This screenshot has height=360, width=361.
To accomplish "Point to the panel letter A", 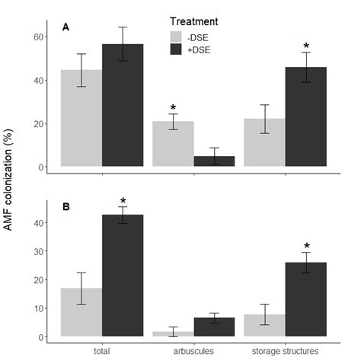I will [66, 28].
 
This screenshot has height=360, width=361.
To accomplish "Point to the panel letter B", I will [66, 206].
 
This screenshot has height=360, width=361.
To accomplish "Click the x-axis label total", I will [102, 351].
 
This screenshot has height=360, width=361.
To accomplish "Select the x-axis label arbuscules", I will [193, 351].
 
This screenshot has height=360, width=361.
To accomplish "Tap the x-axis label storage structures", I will [286, 351].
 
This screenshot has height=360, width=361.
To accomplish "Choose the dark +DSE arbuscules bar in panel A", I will [214, 161].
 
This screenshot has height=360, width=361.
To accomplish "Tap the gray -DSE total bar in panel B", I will [81, 312].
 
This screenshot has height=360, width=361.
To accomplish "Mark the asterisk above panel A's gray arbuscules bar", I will [173, 108].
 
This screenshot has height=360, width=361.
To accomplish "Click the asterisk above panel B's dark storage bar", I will [305, 246].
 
